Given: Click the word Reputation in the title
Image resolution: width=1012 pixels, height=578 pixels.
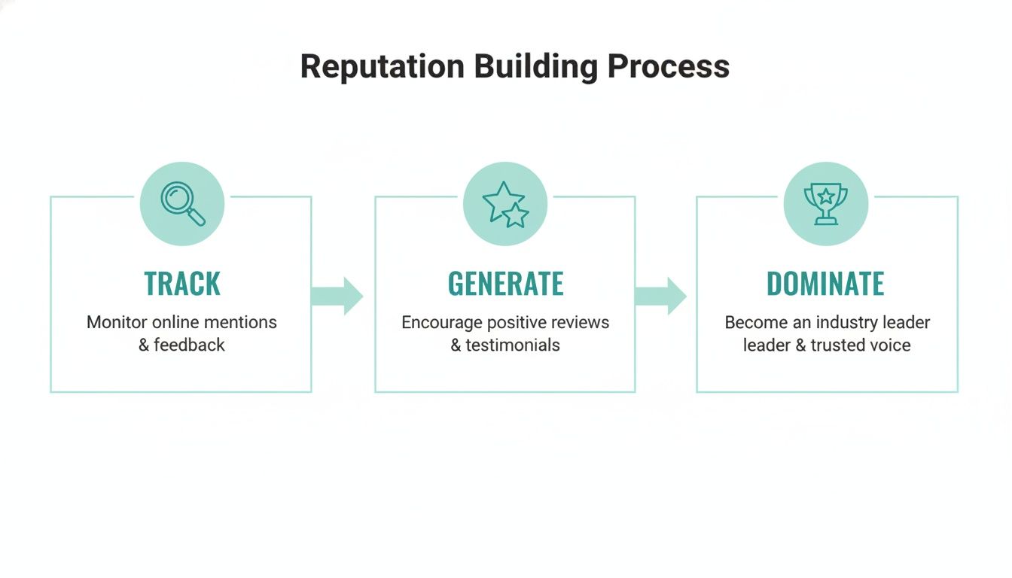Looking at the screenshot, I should click(x=383, y=66).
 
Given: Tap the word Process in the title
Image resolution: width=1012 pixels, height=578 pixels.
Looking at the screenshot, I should click(x=669, y=66).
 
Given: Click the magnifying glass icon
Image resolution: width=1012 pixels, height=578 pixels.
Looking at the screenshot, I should click(x=182, y=203).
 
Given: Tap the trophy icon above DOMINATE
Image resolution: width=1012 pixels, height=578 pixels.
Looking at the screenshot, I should click(x=825, y=204).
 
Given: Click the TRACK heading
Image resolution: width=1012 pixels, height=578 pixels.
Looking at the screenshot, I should click(x=182, y=284).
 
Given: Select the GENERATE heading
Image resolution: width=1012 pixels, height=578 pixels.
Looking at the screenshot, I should click(x=505, y=284).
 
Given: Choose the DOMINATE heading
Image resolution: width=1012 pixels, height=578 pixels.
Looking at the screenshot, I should click(x=825, y=284).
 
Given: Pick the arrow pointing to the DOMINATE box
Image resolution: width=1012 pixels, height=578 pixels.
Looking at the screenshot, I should click(x=660, y=296).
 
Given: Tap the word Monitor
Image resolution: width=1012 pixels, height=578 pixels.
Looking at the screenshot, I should click(x=117, y=322).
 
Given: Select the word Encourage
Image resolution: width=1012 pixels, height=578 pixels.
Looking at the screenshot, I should click(x=441, y=322).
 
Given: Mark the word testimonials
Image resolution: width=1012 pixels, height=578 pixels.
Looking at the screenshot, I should click(x=513, y=345).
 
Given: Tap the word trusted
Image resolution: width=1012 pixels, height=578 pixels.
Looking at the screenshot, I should click(x=839, y=345).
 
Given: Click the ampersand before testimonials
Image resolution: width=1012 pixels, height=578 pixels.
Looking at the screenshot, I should click(x=456, y=345).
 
